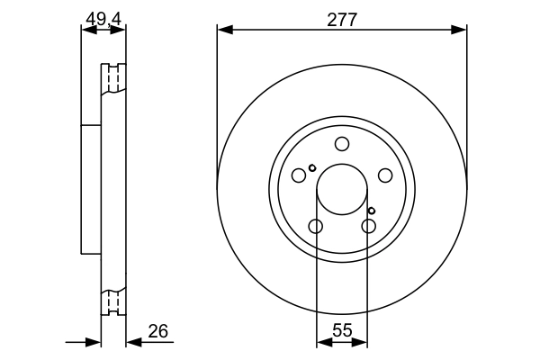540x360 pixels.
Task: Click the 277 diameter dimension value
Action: (342, 20)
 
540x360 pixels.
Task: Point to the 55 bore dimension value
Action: (342, 329)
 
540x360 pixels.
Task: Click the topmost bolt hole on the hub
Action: (342, 144)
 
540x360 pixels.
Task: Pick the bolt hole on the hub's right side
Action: (384, 175)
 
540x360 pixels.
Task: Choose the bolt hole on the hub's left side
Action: (299, 175)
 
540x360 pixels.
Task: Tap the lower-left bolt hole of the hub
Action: (315, 226)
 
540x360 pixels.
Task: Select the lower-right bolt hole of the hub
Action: (368, 226)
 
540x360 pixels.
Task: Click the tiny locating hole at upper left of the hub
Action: (312, 167)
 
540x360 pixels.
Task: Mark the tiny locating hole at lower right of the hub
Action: (371, 211)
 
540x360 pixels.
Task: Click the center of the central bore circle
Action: (342, 190)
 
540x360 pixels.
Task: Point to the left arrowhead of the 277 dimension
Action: (223, 31)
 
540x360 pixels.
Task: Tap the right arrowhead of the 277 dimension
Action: (461, 31)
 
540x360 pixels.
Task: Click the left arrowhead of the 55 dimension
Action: (322, 342)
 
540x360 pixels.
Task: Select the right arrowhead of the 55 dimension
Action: (362, 342)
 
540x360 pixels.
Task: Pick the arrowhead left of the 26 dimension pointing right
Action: (94, 342)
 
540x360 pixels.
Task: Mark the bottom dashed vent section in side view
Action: (113, 301)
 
